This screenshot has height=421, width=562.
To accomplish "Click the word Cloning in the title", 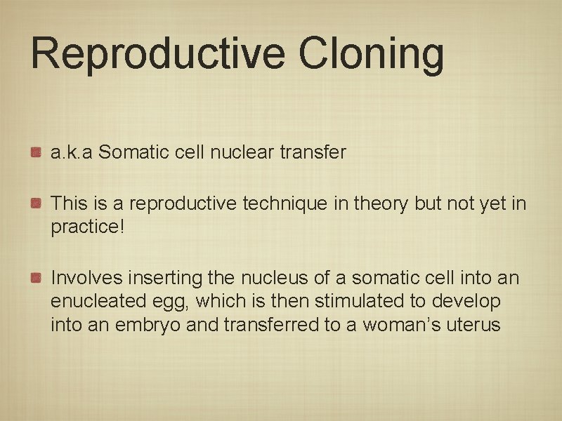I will [372, 55].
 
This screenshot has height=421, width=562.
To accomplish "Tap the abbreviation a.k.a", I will [72, 152].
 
